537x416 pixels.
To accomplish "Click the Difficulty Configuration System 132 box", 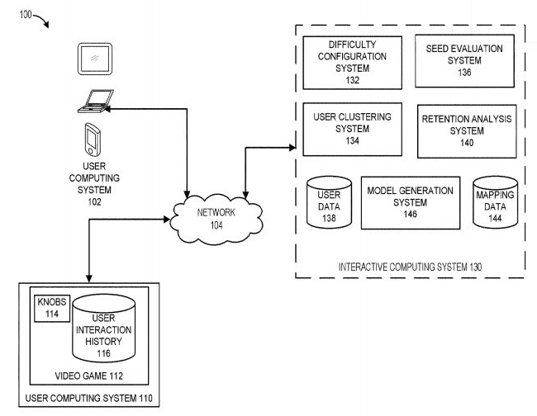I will coord(353,62).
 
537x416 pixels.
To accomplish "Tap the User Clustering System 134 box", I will coord(353,129).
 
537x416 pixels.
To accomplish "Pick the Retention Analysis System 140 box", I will coord(467,130).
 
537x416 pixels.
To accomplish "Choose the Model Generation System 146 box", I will coord(410,202).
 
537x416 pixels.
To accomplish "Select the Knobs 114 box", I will coord(50,307).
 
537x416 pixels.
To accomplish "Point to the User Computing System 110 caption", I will coord(89,400).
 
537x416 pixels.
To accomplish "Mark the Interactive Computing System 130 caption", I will coord(410,267).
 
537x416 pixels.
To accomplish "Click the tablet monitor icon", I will coord(96,59).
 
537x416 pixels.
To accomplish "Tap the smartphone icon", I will coord(93,139).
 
